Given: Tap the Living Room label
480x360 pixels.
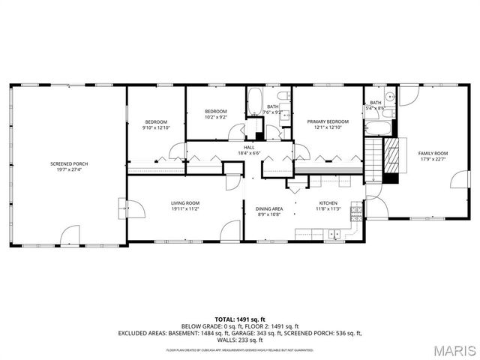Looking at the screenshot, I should (184, 202).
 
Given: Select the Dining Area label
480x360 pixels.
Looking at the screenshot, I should (269, 208).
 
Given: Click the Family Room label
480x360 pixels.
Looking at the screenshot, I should (433, 153).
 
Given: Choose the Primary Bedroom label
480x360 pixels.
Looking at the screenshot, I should (328, 121).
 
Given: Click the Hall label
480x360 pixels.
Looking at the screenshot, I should (249, 147).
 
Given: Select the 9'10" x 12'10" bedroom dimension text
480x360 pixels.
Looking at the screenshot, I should (156, 127).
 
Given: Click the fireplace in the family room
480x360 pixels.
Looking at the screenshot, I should (390, 159).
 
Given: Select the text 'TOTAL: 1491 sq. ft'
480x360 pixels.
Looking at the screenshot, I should (239, 319).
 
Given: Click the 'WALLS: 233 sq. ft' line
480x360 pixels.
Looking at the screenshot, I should (239, 340).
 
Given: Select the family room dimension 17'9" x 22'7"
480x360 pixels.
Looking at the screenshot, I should (433, 159).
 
